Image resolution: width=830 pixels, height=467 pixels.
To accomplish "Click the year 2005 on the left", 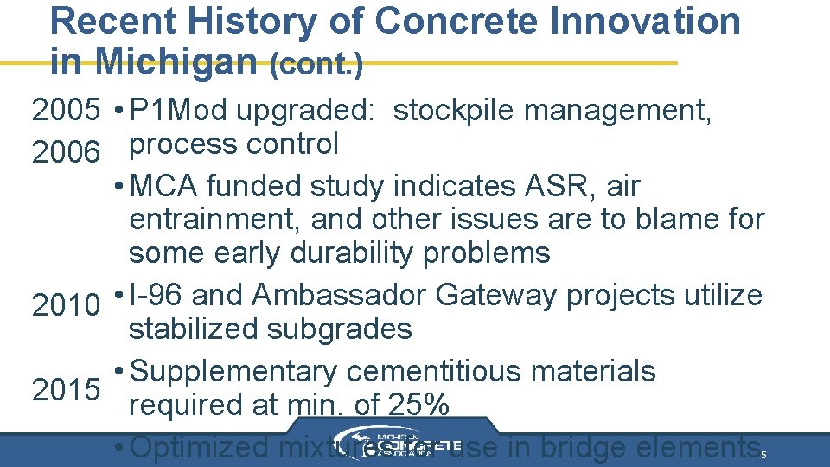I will pyautogui.click(x=66, y=111).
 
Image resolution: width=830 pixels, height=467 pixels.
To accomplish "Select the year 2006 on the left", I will pyautogui.click(x=66, y=152).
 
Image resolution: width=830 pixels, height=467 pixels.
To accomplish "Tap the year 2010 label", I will pyautogui.click(x=66, y=305).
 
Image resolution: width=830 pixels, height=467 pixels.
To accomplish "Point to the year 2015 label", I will pyautogui.click(x=66, y=390).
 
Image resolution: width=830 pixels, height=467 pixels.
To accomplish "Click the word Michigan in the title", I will pyautogui.click(x=174, y=61).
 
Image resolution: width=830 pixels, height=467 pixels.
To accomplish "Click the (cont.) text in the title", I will pyautogui.click(x=316, y=64).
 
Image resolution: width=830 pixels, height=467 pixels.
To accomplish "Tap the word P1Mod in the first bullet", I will pyautogui.click(x=182, y=111).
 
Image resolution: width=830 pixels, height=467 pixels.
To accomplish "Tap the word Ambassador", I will pyautogui.click(x=341, y=296).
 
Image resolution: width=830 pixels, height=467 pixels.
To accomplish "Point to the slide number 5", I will pyautogui.click(x=763, y=454).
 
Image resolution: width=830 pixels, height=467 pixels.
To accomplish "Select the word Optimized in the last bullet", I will pyautogui.click(x=202, y=447).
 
